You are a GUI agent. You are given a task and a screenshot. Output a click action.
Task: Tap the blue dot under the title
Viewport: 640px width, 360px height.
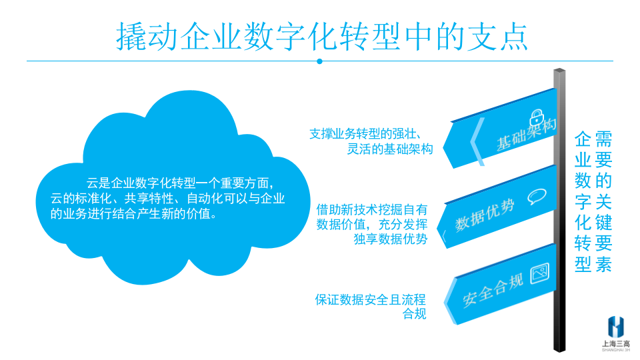(319, 61)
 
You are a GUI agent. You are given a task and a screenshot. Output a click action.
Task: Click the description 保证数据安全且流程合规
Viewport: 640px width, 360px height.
(371, 307)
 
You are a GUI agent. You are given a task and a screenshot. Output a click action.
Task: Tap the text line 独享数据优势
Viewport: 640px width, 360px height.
(391, 239)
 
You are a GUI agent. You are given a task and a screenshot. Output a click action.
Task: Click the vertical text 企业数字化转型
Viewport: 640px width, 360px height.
(583, 201)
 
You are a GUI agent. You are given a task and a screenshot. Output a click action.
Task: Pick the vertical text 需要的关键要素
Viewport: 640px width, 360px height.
(603, 201)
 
